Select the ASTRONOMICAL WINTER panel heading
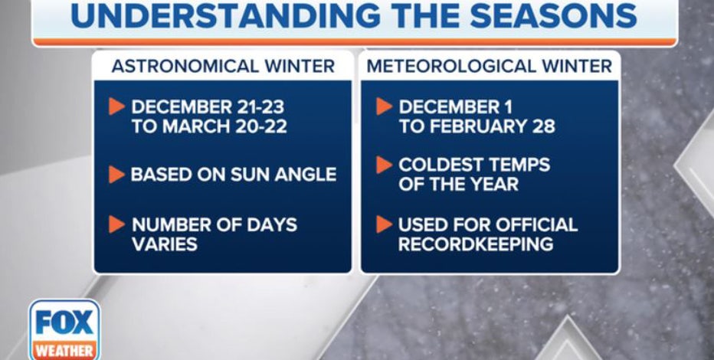coord(223,67)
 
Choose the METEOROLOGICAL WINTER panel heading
coord(490,67)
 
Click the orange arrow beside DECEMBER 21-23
coord(116,106)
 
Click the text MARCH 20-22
coord(225,127)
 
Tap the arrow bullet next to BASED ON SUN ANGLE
coord(116,175)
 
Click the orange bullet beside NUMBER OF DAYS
coord(116,224)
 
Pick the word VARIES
coord(165,244)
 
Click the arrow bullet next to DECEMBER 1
coord(385,106)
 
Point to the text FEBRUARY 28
coord(491,127)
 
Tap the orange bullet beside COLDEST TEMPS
coord(385,165)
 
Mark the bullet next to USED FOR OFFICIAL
coord(385,224)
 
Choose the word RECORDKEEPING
coord(476,244)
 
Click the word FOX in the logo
coord(64,322)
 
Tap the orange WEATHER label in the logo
coord(64,351)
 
